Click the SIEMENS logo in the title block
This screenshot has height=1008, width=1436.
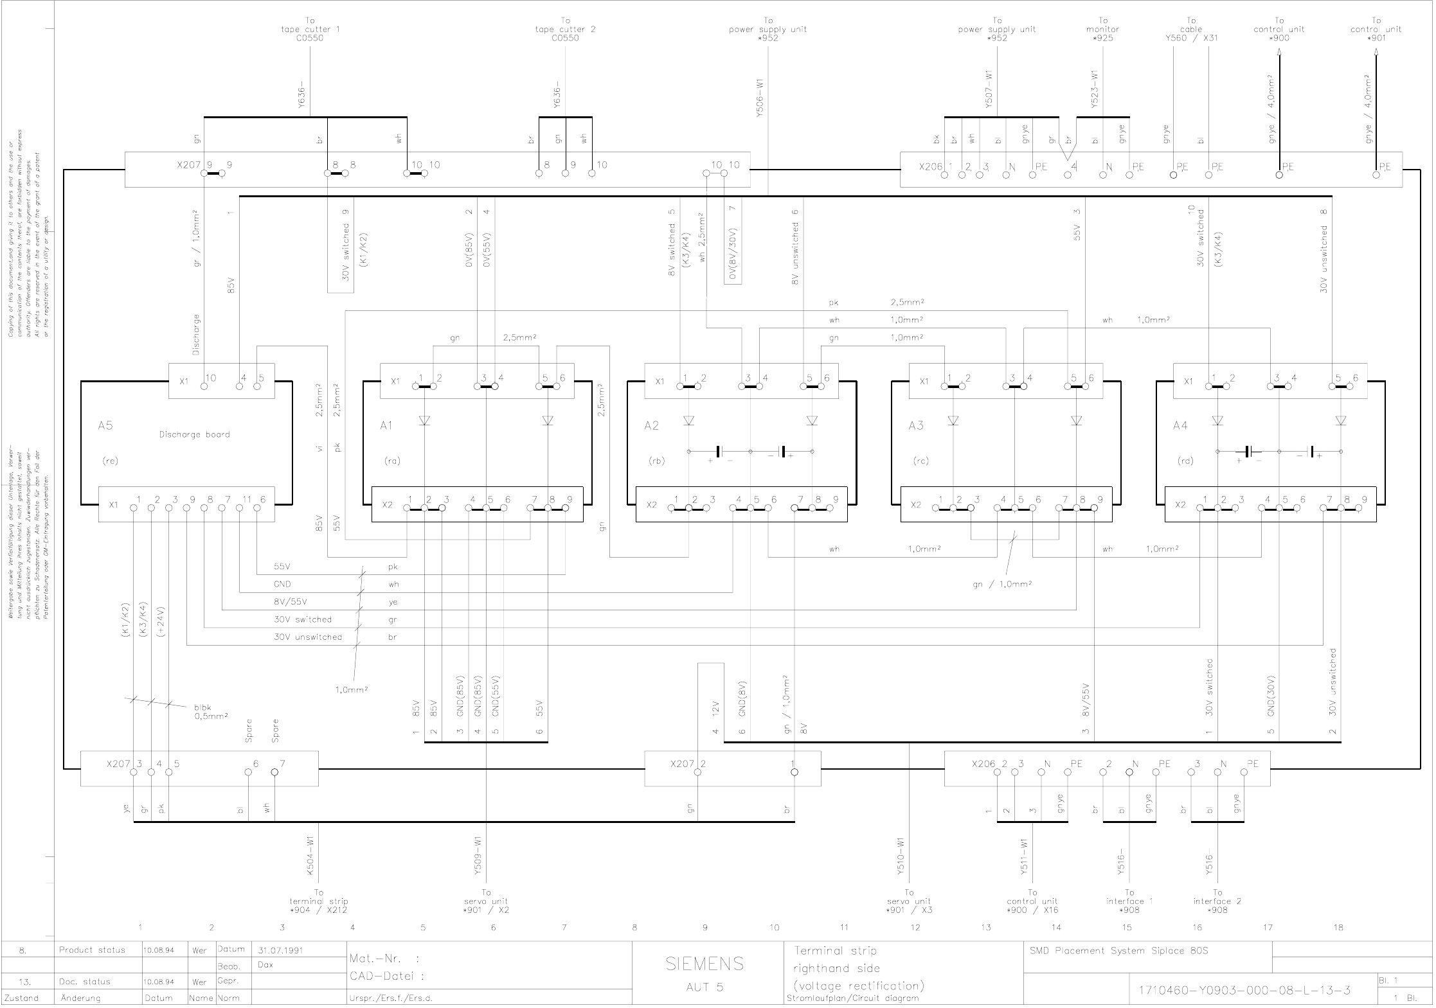point(705,964)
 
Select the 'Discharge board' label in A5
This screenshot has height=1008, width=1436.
point(194,434)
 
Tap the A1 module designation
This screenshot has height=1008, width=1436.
point(386,425)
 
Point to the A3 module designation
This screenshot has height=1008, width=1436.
point(916,425)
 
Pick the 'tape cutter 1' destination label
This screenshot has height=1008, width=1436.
point(310,30)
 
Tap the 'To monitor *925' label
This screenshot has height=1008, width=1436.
point(1102,30)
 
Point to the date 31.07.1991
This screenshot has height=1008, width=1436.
point(280,950)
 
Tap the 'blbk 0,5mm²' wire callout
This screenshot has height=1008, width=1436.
point(211,712)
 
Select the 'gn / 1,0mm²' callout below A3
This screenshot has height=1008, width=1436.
point(1002,584)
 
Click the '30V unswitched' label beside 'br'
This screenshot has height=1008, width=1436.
point(308,637)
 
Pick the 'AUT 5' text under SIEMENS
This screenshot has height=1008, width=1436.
point(705,987)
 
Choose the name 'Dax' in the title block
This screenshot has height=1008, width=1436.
point(265,965)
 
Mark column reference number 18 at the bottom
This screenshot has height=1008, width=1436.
point(1338,927)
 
